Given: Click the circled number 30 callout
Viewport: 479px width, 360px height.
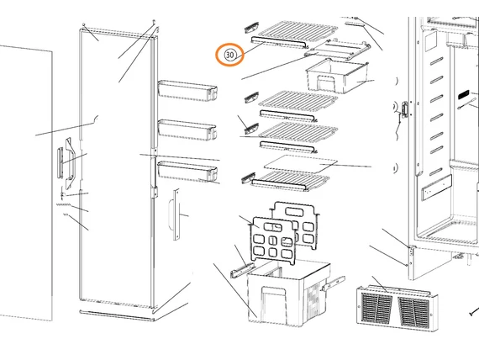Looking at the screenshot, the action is click(x=229, y=55).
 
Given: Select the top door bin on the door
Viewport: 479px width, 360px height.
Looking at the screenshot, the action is click(x=187, y=91).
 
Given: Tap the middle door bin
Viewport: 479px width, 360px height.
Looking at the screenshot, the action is click(x=187, y=130).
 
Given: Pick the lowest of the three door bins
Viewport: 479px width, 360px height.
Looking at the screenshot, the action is click(x=187, y=171).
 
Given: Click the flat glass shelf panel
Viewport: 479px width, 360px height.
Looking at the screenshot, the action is click(x=301, y=163).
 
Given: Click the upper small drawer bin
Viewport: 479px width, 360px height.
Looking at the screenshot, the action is click(x=337, y=77).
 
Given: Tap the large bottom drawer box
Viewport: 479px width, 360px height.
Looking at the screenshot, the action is click(x=288, y=293).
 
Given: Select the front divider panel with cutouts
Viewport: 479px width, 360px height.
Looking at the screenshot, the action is click(x=273, y=241).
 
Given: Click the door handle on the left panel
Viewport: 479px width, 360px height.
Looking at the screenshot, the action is click(x=70, y=163).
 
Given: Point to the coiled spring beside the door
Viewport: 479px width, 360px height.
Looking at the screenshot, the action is click(x=64, y=204).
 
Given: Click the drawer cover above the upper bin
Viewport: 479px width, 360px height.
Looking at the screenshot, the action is click(x=338, y=50).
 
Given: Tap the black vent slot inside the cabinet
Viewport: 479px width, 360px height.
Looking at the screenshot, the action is click(x=463, y=94).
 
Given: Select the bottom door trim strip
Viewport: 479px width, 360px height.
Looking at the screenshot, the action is click(x=117, y=315).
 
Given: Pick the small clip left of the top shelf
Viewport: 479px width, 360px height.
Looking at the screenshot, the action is click(x=251, y=27).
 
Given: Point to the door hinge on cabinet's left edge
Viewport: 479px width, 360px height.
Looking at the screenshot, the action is click(x=405, y=109).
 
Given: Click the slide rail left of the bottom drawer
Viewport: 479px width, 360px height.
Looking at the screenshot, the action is click(x=242, y=270).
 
